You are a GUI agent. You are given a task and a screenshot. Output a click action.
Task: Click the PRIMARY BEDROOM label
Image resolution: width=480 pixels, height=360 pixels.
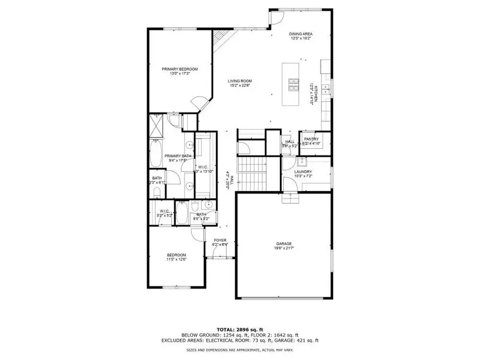coord(180,69)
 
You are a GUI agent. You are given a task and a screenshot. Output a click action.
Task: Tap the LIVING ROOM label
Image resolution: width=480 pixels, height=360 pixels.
coord(240,81)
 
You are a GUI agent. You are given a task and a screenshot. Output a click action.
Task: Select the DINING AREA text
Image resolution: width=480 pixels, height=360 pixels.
coord(301,34)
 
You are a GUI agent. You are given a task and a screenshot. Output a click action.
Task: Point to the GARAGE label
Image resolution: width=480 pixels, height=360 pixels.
coord(283,243)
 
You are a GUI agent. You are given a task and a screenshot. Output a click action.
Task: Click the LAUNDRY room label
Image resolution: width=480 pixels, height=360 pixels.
coord(307,172)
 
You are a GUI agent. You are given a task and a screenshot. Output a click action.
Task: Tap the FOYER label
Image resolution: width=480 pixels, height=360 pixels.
coord(220,241)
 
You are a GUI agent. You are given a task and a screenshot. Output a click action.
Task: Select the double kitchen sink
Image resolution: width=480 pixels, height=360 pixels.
coord(329,87)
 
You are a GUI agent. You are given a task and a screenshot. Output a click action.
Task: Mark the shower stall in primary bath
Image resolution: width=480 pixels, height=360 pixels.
coord(157,125)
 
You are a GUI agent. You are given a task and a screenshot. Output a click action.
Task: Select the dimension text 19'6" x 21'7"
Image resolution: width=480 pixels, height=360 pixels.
coord(283,248)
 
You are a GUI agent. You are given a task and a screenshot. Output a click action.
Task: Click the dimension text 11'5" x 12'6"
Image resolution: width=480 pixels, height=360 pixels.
coord(176,260)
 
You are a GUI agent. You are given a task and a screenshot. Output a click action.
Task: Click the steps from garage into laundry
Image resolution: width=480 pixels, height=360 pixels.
coord(290,198)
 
